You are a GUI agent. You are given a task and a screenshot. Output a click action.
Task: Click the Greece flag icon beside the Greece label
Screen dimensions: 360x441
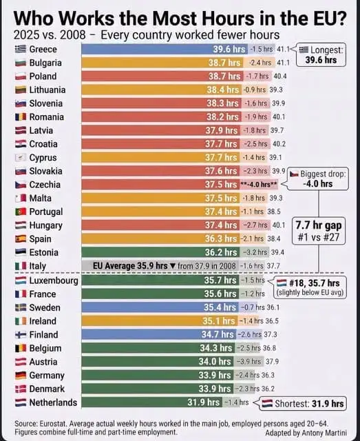point(21,49)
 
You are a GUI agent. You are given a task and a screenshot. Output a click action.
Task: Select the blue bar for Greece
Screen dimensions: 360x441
point(165,49)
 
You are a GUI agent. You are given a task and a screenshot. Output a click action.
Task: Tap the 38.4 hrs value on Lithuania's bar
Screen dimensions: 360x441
point(222,90)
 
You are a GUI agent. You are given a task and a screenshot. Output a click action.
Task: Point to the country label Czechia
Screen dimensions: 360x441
point(45,185)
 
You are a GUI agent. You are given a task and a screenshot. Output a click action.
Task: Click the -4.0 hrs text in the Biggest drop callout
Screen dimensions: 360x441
point(317,184)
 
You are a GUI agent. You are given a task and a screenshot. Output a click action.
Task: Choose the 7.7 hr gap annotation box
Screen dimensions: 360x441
point(319,231)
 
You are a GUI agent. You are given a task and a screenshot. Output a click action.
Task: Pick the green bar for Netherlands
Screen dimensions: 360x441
point(151,402)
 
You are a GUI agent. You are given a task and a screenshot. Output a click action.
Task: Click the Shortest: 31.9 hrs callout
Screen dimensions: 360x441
point(302,404)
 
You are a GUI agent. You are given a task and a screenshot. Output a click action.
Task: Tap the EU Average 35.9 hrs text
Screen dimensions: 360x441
point(130,266)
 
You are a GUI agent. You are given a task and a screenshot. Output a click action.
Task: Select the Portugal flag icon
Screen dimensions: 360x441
point(21,212)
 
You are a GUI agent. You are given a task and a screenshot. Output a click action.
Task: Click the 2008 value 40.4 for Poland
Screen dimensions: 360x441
point(280,76)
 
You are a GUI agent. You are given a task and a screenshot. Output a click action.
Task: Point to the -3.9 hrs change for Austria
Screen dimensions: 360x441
point(248,361)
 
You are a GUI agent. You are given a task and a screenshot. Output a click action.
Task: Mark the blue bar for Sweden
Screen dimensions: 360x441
point(160,307)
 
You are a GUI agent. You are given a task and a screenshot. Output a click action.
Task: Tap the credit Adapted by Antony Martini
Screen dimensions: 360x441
point(306,433)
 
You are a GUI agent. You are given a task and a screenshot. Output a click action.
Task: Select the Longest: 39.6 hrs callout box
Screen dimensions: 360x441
point(321,55)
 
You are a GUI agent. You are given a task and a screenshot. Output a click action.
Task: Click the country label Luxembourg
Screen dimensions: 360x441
point(54,280)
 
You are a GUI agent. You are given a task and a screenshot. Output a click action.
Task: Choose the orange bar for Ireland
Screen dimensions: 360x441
point(159,321)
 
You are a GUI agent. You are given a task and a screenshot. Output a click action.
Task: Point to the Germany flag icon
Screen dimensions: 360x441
point(21,375)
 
